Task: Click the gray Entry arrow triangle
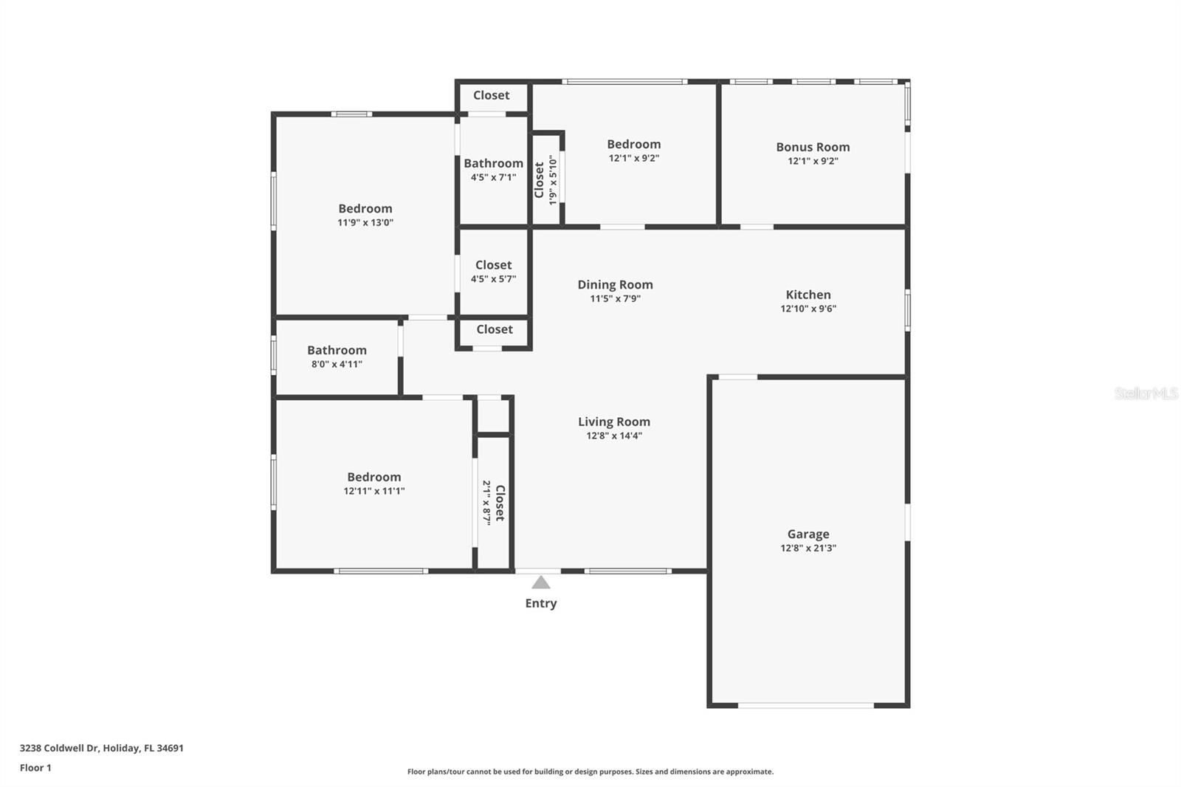(x=541, y=583)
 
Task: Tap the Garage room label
(x=808, y=534)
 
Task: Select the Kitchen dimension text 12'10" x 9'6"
(x=808, y=309)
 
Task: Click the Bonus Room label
(x=813, y=147)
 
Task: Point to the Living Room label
(x=614, y=422)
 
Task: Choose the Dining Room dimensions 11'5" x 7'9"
(x=615, y=299)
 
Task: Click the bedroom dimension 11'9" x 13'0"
(x=365, y=222)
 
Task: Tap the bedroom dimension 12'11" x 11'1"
(x=374, y=491)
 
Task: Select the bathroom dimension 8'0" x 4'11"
(x=337, y=364)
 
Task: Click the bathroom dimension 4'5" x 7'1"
(x=493, y=177)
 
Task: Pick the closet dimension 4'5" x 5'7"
(x=493, y=279)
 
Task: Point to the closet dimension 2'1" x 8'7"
(x=487, y=503)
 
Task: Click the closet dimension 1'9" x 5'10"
(x=552, y=179)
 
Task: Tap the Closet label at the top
(x=491, y=95)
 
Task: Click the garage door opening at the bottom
(x=806, y=706)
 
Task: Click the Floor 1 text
(x=35, y=768)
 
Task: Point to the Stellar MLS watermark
(x=1146, y=393)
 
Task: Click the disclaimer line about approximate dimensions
(x=590, y=771)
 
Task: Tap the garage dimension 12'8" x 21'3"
(x=808, y=548)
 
